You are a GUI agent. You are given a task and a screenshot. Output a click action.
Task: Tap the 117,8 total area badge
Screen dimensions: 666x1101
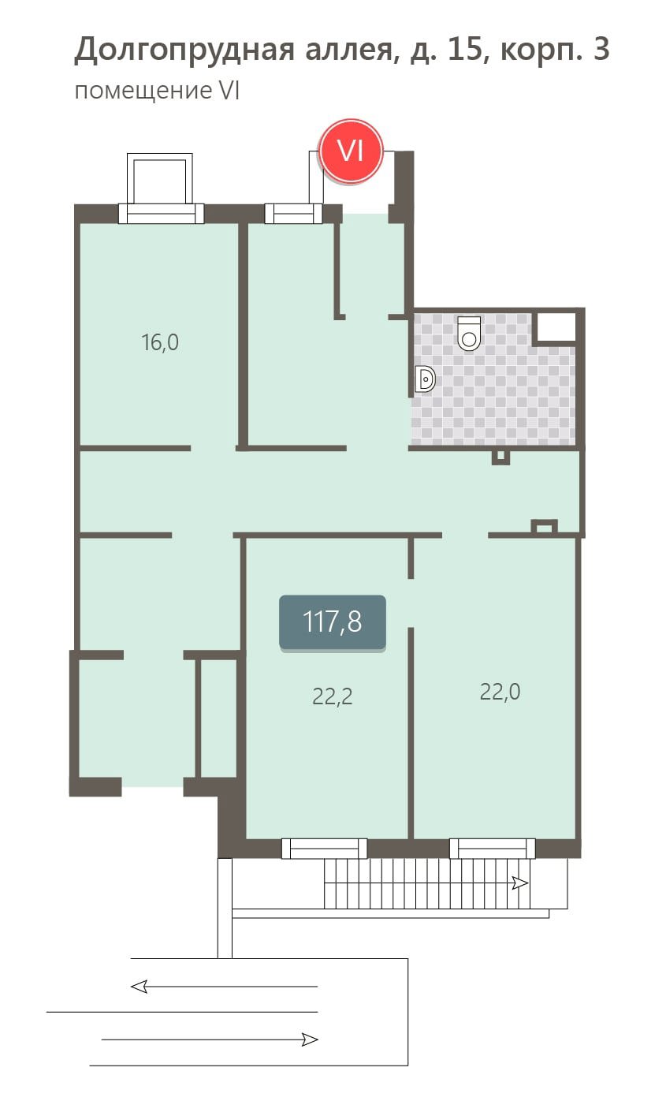pyautogui.click(x=333, y=622)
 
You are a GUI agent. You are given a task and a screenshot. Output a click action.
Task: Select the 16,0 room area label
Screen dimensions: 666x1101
pyautogui.click(x=160, y=342)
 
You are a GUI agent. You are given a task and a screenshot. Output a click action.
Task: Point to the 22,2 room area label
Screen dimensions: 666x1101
pyautogui.click(x=333, y=696)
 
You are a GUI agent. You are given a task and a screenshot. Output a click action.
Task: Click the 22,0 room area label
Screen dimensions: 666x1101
pyautogui.click(x=500, y=692)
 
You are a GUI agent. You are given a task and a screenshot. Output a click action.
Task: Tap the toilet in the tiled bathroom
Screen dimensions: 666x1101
pyautogui.click(x=469, y=334)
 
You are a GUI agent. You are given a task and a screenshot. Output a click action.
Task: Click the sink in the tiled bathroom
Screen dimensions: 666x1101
pyautogui.click(x=426, y=379)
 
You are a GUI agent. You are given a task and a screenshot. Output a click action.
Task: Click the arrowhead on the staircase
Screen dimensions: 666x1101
pyautogui.click(x=520, y=883)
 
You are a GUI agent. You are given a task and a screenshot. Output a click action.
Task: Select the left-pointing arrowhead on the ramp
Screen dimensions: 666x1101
pyautogui.click(x=139, y=986)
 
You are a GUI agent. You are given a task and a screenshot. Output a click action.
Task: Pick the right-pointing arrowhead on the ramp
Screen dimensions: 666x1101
pyautogui.click(x=310, y=1039)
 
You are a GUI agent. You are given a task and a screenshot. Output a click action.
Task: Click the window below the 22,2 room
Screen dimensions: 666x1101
pyautogui.click(x=324, y=849)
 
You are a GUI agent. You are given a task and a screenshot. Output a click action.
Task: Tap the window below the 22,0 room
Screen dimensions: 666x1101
pyautogui.click(x=492, y=849)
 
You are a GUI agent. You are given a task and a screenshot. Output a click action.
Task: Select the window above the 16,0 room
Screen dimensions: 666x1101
pyautogui.click(x=161, y=213)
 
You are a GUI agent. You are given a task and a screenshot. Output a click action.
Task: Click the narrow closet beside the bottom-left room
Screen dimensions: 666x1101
pyautogui.click(x=218, y=718)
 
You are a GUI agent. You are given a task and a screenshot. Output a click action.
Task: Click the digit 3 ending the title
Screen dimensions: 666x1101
pyautogui.click(x=601, y=49)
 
